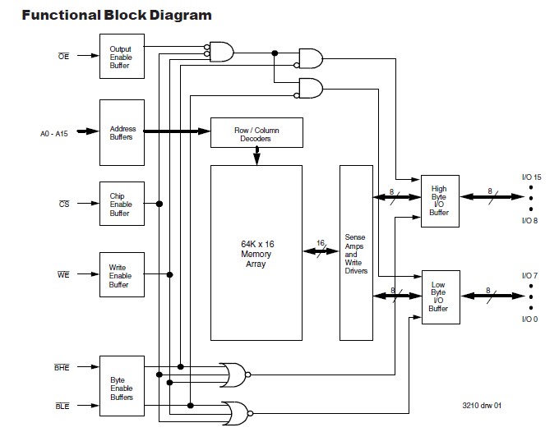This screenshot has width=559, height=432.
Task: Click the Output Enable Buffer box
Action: click(120, 57)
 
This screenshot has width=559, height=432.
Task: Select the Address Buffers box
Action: click(120, 132)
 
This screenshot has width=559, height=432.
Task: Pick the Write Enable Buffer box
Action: click(120, 275)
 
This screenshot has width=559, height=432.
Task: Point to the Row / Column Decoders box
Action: click(256, 132)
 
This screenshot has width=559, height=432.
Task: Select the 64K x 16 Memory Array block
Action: click(256, 252)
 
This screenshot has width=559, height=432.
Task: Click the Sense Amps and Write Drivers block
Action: click(355, 252)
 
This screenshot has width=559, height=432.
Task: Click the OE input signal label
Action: click(62, 57)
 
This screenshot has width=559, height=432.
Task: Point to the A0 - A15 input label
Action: click(56, 132)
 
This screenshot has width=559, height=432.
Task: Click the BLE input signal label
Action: click(62, 406)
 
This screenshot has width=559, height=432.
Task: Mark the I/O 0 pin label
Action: click(530, 319)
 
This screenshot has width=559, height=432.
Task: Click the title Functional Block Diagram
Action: click(116, 15)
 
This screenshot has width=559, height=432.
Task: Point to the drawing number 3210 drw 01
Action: click(480, 406)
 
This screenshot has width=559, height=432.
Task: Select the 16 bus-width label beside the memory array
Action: click(319, 243)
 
